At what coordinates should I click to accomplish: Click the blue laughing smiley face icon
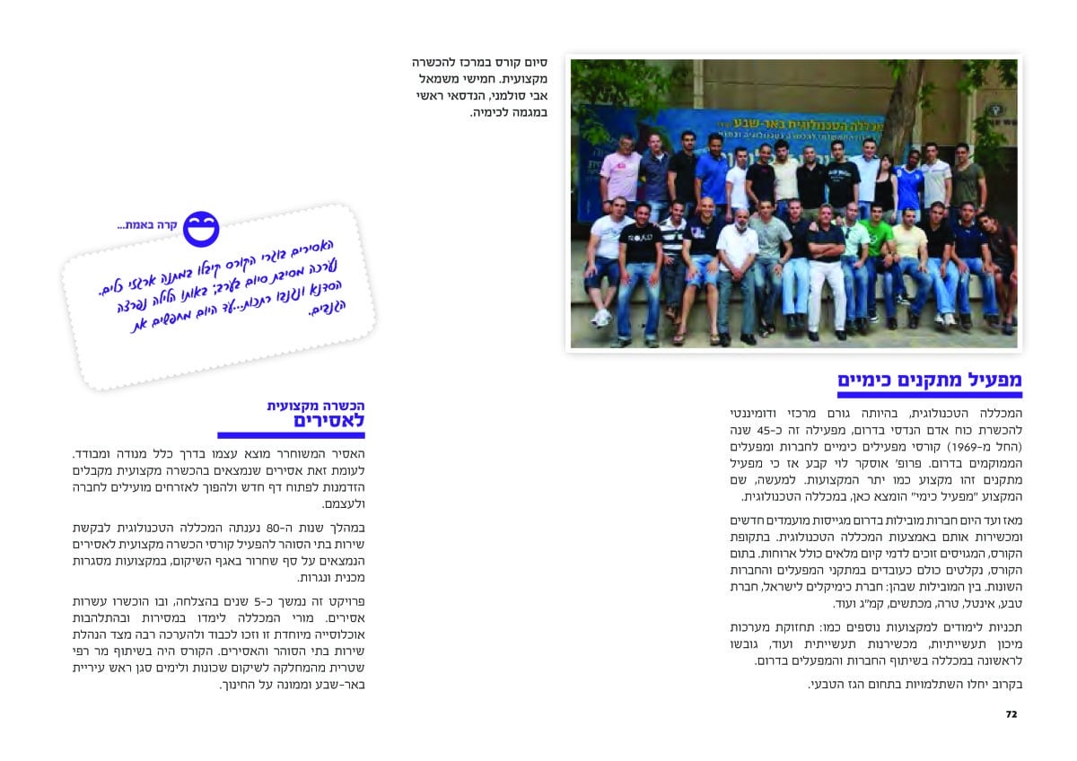click(x=201, y=229)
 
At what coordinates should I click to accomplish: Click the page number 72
click(x=1011, y=714)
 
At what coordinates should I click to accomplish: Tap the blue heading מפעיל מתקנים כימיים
click(x=930, y=380)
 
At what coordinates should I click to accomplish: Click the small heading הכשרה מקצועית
click(x=316, y=406)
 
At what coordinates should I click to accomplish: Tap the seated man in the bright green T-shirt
click(x=877, y=242)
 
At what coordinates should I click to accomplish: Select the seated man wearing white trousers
click(x=826, y=269)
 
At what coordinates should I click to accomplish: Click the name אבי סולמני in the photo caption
click(x=527, y=96)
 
